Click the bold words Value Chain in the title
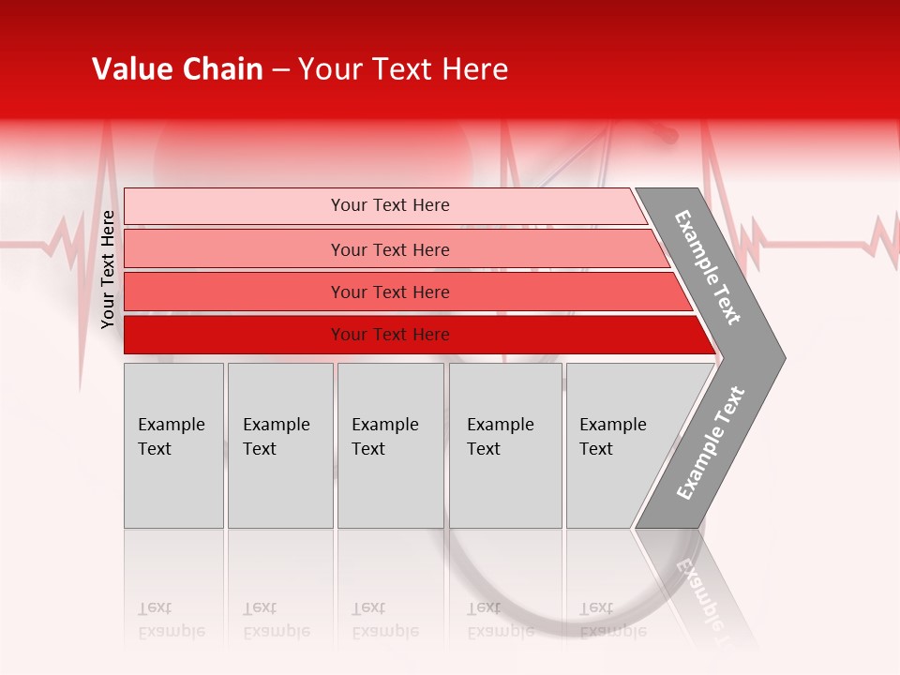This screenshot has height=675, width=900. pos(177,69)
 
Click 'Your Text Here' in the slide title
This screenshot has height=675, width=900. pos(403,69)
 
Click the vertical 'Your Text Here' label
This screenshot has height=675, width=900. pos(108,269)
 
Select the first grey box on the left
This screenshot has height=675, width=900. pos(173,445)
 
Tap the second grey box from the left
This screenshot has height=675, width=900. pos(280,445)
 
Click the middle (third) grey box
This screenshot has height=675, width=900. pos(390,445)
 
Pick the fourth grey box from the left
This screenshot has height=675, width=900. pos(505,445)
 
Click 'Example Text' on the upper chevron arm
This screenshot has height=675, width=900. pos(708,267)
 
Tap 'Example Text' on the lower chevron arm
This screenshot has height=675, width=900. pos(711,443)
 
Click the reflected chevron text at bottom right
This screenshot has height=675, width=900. pos(703,595)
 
